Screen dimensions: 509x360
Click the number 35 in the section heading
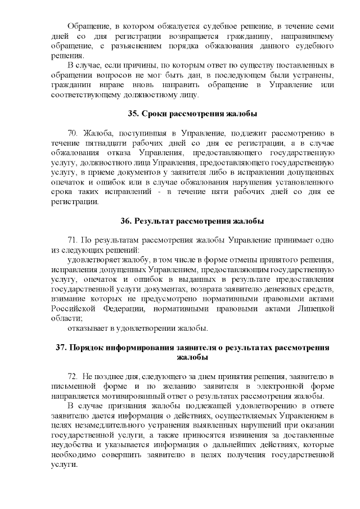[134, 114]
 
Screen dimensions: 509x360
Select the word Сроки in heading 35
[155, 114]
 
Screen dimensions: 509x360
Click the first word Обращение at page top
[87, 26]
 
